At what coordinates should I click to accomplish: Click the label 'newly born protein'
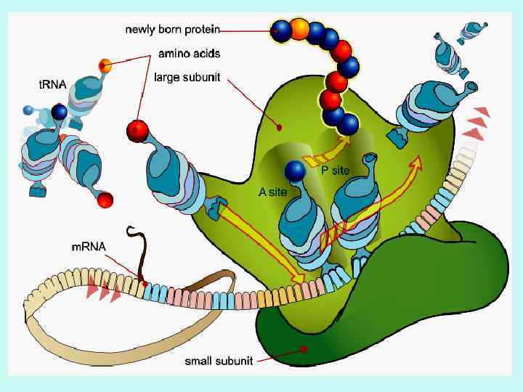tap(172, 30)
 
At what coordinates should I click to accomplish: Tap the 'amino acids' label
tap(190, 53)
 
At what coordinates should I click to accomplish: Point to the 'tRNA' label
tap(52, 84)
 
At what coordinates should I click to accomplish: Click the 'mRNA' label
tap(88, 247)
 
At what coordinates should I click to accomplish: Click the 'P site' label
tap(336, 171)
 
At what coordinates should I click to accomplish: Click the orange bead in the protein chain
tap(299, 30)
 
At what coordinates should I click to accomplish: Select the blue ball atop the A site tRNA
tap(295, 171)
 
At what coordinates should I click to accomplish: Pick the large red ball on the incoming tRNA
tap(137, 131)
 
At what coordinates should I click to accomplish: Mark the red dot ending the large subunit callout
tap(280, 128)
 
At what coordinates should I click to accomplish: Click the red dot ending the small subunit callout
tap(305, 349)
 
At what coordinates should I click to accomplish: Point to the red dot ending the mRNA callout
tap(145, 283)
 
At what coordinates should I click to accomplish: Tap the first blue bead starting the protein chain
tap(280, 30)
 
